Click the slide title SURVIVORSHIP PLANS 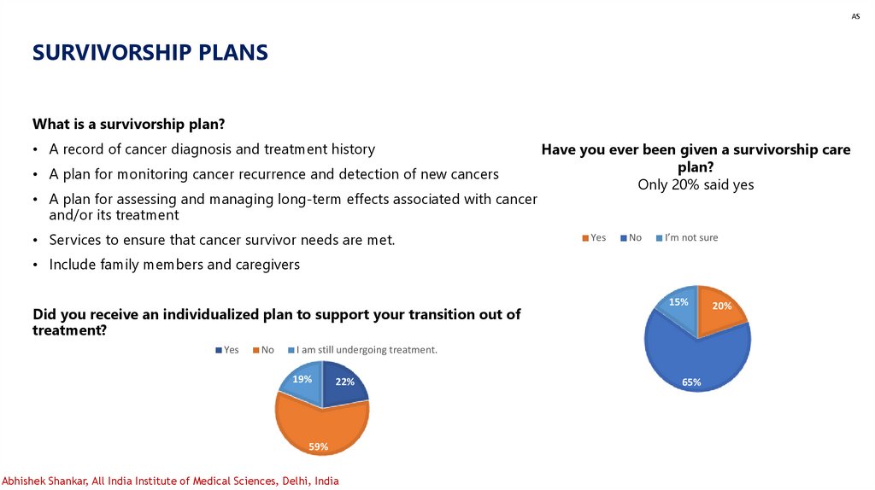click(150, 53)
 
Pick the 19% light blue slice click(301, 382)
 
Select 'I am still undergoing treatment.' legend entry click(366, 350)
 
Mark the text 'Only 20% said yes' click(696, 184)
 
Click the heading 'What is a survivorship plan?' click(128, 124)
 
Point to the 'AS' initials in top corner click(854, 16)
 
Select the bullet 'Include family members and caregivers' click(174, 265)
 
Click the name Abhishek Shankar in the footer click(44, 481)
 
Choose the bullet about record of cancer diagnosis click(212, 149)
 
